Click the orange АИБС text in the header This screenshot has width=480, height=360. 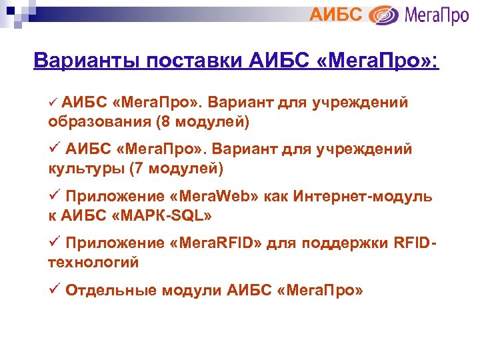click(x=337, y=14)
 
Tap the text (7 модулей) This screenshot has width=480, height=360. click(x=179, y=168)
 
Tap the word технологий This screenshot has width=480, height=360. click(x=93, y=262)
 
